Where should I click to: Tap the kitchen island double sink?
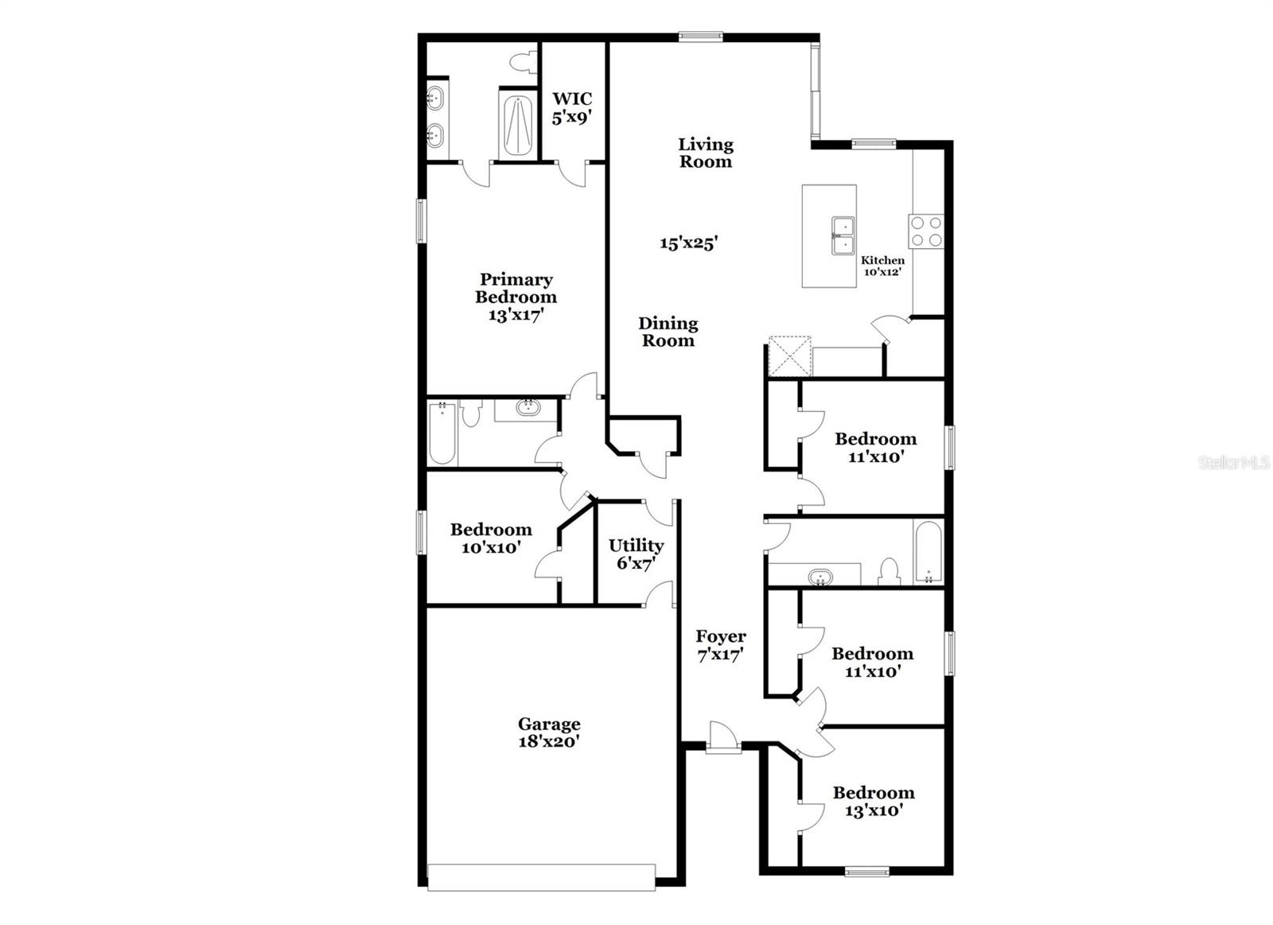[x=843, y=235]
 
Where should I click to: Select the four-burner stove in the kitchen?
[x=926, y=231]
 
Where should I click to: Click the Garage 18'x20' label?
[x=548, y=733]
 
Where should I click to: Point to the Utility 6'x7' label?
[x=636, y=554]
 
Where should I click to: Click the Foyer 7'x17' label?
[x=720, y=645]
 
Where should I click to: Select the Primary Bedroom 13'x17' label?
[x=516, y=297]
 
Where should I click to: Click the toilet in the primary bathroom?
[x=522, y=60]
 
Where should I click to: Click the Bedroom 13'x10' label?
[x=873, y=801]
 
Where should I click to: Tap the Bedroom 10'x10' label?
[x=490, y=538]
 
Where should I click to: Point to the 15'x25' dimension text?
[x=688, y=243]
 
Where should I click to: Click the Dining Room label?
[x=668, y=332]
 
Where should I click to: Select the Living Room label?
[x=705, y=153]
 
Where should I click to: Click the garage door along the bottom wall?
[x=541, y=876]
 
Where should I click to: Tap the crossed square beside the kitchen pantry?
[x=789, y=356]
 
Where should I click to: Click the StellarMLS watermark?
[x=1233, y=462]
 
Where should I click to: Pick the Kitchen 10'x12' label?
[x=882, y=266]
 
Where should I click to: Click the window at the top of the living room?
[x=700, y=36]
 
